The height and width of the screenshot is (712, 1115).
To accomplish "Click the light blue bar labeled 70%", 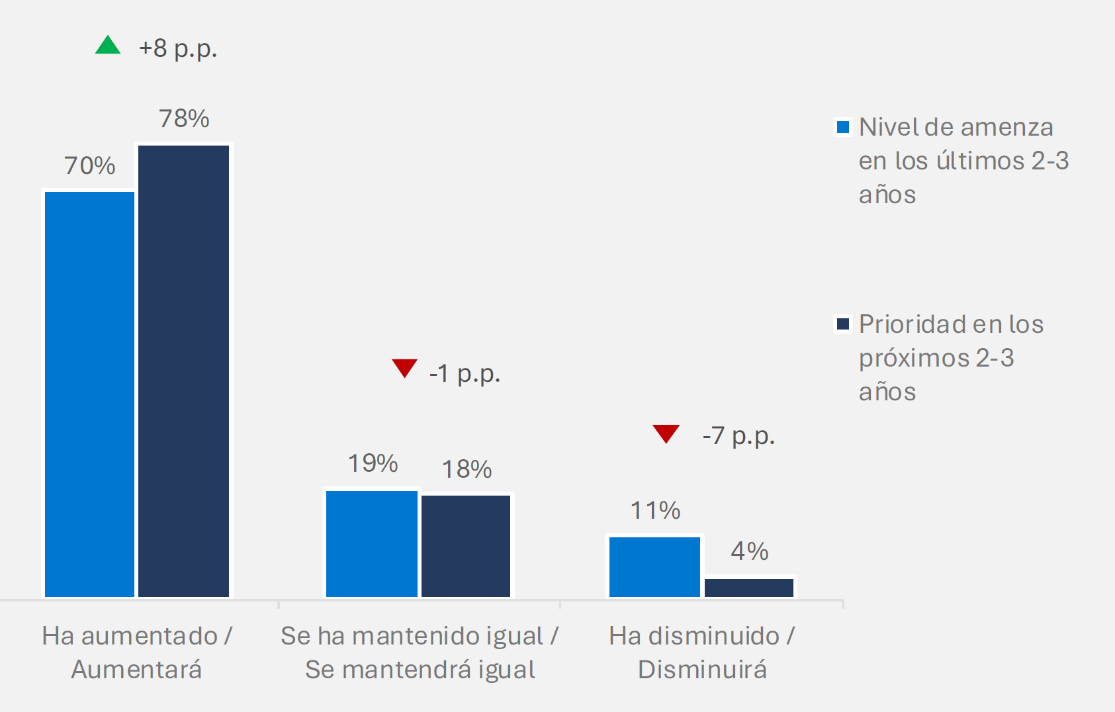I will pos(89,394).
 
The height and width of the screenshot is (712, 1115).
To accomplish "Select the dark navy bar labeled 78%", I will pos(183,371).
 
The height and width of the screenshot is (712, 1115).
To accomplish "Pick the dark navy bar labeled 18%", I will pos(466,546).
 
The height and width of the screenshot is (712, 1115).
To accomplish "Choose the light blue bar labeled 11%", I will pos(654,567).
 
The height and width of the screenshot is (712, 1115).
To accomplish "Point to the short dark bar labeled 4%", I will pos(749,588).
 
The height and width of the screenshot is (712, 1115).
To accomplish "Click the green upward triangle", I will pos(108,46).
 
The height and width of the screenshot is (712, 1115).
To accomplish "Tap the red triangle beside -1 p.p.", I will pos(404,367).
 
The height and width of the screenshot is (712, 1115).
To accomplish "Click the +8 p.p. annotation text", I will pos(177,48).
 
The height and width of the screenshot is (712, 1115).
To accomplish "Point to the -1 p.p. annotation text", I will pos(465,374).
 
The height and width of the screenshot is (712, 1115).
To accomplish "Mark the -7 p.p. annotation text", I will pos(738,436).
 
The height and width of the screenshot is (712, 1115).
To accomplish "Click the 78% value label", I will pos(184,119).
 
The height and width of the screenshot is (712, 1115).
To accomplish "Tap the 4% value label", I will pos(749,551).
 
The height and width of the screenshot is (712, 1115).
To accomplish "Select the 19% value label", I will pos(373,463).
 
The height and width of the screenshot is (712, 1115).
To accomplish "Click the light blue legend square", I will pos(843,127).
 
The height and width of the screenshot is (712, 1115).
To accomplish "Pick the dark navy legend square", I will pos(843,324).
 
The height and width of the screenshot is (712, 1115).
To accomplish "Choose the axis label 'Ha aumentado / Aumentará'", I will pos(136,652).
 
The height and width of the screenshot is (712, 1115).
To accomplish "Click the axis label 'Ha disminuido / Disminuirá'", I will pos(702,652).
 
